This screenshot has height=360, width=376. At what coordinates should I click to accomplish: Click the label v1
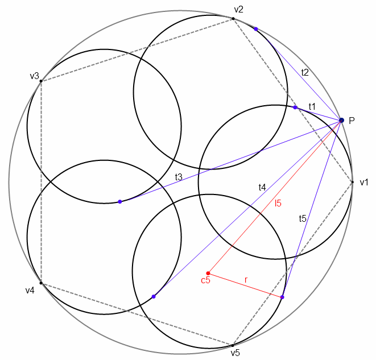tap(364, 182)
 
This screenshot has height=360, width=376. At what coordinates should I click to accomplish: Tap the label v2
tap(239, 9)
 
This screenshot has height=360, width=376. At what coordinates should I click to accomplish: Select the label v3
tap(34, 76)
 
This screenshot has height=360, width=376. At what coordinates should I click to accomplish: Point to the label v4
tap(30, 291)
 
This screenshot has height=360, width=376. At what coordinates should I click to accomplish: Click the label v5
tap(235, 353)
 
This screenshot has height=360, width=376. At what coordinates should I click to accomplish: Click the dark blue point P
tap(341, 120)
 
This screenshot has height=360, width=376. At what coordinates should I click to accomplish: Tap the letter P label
tap(352, 120)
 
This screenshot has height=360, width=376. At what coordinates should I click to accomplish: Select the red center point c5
tap(208, 273)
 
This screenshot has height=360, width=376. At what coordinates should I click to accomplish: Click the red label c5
tap(205, 280)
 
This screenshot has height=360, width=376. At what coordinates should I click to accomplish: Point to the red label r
tap(246, 279)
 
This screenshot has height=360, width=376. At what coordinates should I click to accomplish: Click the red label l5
tap(278, 202)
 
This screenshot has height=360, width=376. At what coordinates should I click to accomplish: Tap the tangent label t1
tap(312, 106)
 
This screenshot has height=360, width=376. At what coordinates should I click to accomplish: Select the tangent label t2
tap(305, 72)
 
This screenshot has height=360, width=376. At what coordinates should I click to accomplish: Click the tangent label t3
tap(179, 177)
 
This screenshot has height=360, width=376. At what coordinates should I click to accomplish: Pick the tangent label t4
tap(262, 187)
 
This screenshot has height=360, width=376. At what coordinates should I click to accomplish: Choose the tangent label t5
tap(303, 218)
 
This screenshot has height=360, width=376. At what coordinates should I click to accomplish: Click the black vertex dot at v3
tap(41, 81)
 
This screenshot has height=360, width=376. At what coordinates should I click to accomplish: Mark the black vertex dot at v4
tap(41, 283)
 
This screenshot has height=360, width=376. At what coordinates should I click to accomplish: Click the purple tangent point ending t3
tap(119, 201)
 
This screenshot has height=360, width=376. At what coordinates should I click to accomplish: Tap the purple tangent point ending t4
tap(154, 296)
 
